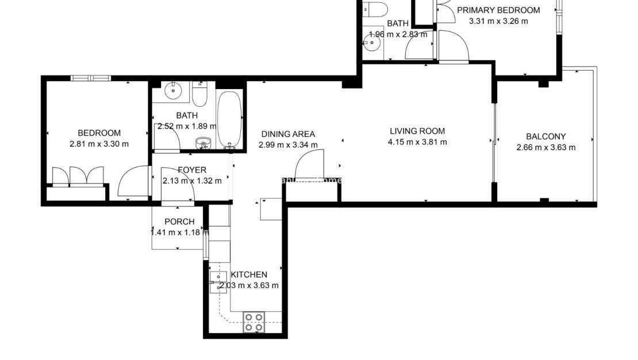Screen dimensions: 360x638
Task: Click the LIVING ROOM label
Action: (x=417, y=131)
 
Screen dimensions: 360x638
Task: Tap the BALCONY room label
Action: (x=546, y=137)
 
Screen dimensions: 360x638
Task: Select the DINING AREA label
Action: (x=287, y=134)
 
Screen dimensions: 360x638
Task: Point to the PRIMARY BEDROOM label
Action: (x=498, y=10)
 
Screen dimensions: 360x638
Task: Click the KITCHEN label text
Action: (x=249, y=275)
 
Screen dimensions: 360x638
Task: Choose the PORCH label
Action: (x=179, y=222)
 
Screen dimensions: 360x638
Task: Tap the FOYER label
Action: (x=192, y=170)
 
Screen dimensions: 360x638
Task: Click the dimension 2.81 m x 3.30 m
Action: (x=99, y=144)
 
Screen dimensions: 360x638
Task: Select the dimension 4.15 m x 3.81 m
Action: (x=417, y=142)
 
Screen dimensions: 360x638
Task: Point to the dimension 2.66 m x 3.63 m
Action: (x=546, y=147)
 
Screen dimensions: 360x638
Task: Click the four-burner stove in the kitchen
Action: (x=253, y=321)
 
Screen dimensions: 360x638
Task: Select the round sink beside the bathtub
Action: (x=203, y=143)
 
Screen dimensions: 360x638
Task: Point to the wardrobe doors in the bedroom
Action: (x=78, y=177)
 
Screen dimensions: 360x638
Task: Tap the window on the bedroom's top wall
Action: (x=90, y=78)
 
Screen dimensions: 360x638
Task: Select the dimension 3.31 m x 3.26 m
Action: (x=498, y=21)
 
